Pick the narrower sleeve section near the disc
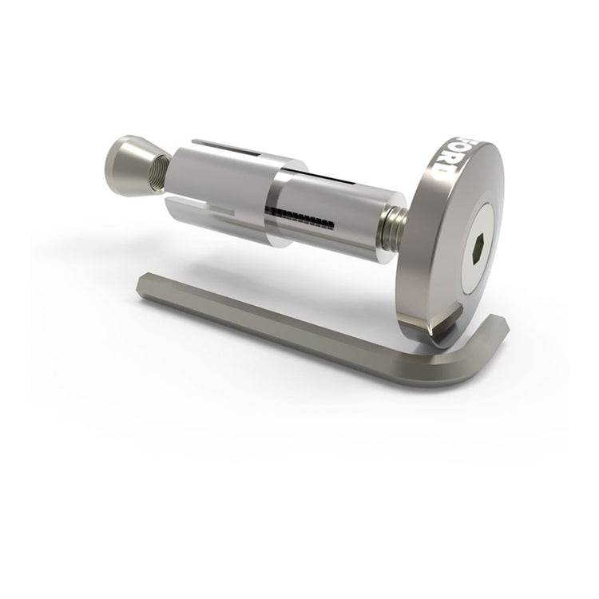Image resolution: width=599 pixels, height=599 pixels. tap(335, 220)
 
